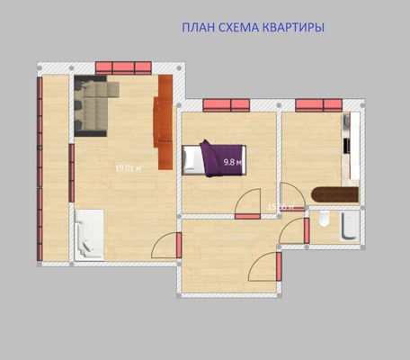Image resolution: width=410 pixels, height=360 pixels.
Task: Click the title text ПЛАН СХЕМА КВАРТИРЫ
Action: (x=253, y=28)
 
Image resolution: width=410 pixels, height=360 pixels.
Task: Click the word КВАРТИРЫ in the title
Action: (x=293, y=28)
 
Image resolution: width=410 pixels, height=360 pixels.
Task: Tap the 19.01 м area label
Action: (x=129, y=168)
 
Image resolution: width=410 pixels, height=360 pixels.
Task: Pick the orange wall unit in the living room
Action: (x=164, y=121)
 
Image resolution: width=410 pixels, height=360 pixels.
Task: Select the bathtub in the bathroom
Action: (x=349, y=226)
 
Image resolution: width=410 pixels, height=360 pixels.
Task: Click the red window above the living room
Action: (x=123, y=67)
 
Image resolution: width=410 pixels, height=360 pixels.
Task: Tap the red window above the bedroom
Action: (x=226, y=104)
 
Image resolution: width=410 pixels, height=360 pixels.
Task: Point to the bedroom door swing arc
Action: (x=248, y=204)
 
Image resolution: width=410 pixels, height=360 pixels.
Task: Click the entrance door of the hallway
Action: (x=266, y=268)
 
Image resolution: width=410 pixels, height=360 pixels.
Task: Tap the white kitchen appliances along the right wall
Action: (x=349, y=144)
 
